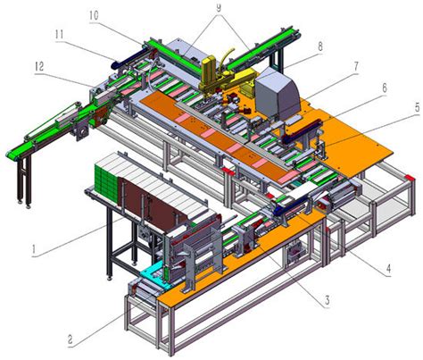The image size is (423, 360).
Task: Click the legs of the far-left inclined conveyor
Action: click(x=21, y=179)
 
